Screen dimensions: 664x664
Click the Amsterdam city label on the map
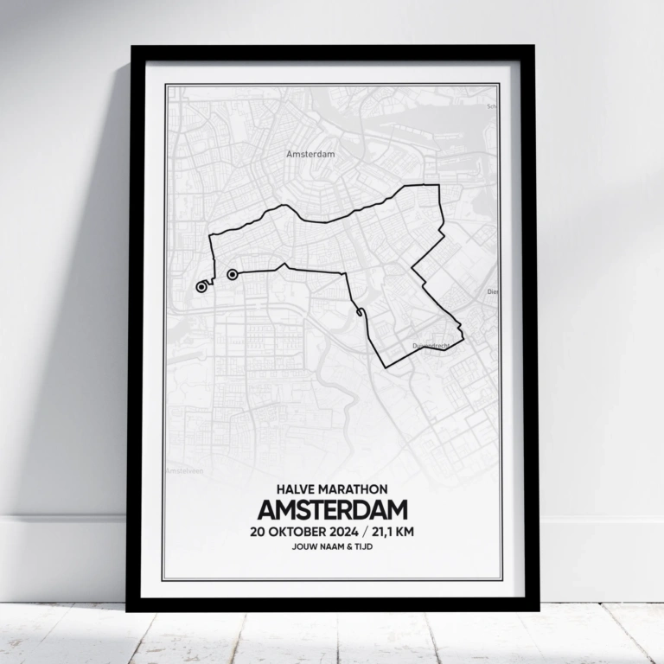point(310,153)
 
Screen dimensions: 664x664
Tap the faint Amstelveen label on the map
point(183,471)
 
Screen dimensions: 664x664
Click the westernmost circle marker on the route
point(201,287)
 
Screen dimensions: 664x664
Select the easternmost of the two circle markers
point(232,275)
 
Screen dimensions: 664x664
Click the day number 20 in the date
point(257,532)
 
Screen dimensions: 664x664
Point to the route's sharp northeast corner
point(438,186)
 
